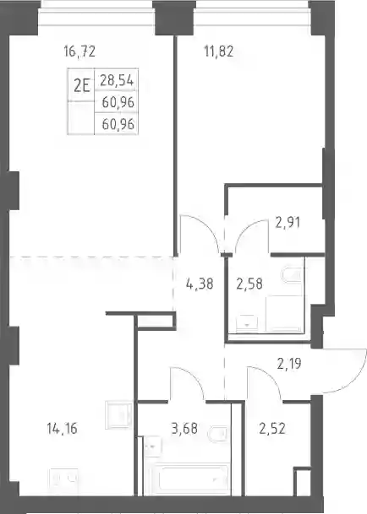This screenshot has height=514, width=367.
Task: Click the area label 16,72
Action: [79, 51]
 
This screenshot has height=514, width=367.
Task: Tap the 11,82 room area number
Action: [219, 51]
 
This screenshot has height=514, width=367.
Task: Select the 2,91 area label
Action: [288, 223]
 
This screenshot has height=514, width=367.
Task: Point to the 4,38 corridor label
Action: [200, 284]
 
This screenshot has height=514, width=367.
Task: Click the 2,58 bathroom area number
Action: [249, 284]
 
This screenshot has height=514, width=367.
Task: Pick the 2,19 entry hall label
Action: [289, 364]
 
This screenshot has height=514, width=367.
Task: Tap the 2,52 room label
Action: [272, 429]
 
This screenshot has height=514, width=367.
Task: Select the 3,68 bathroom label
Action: [184, 429]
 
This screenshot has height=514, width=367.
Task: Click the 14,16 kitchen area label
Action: [62, 429]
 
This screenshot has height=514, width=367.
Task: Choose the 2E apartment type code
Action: [81, 86]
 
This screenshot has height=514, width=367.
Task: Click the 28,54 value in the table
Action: [117, 80]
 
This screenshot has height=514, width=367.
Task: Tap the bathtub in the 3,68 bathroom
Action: [189, 479]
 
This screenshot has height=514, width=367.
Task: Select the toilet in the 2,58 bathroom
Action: [292, 275]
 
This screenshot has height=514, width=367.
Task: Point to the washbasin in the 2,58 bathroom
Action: [247, 322]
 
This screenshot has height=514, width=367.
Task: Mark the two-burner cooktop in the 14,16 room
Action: [63, 479]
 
